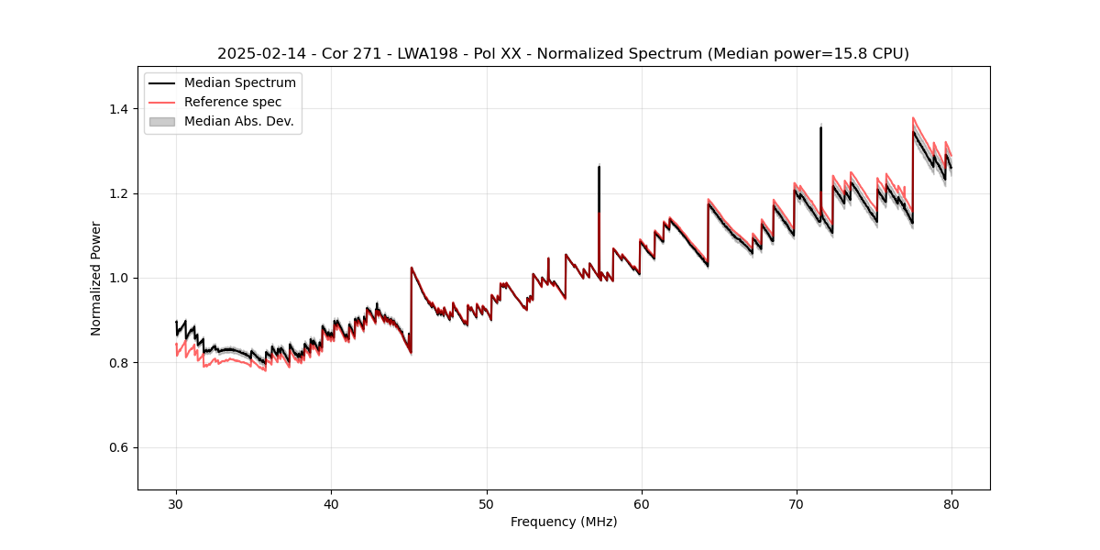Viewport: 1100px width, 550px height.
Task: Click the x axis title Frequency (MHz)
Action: click(564, 522)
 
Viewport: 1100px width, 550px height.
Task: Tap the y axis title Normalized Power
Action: click(96, 278)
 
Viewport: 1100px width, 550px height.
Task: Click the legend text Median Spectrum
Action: click(240, 83)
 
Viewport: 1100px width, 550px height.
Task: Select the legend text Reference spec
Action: click(233, 102)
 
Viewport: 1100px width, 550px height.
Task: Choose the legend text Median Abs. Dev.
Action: click(239, 121)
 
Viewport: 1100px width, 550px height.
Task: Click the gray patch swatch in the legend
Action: click(162, 121)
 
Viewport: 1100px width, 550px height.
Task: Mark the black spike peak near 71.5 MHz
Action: click(820, 127)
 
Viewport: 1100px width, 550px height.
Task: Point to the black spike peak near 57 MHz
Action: click(599, 166)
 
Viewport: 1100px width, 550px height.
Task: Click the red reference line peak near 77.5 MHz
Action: click(913, 117)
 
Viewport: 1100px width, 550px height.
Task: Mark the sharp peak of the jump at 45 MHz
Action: click(412, 268)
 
